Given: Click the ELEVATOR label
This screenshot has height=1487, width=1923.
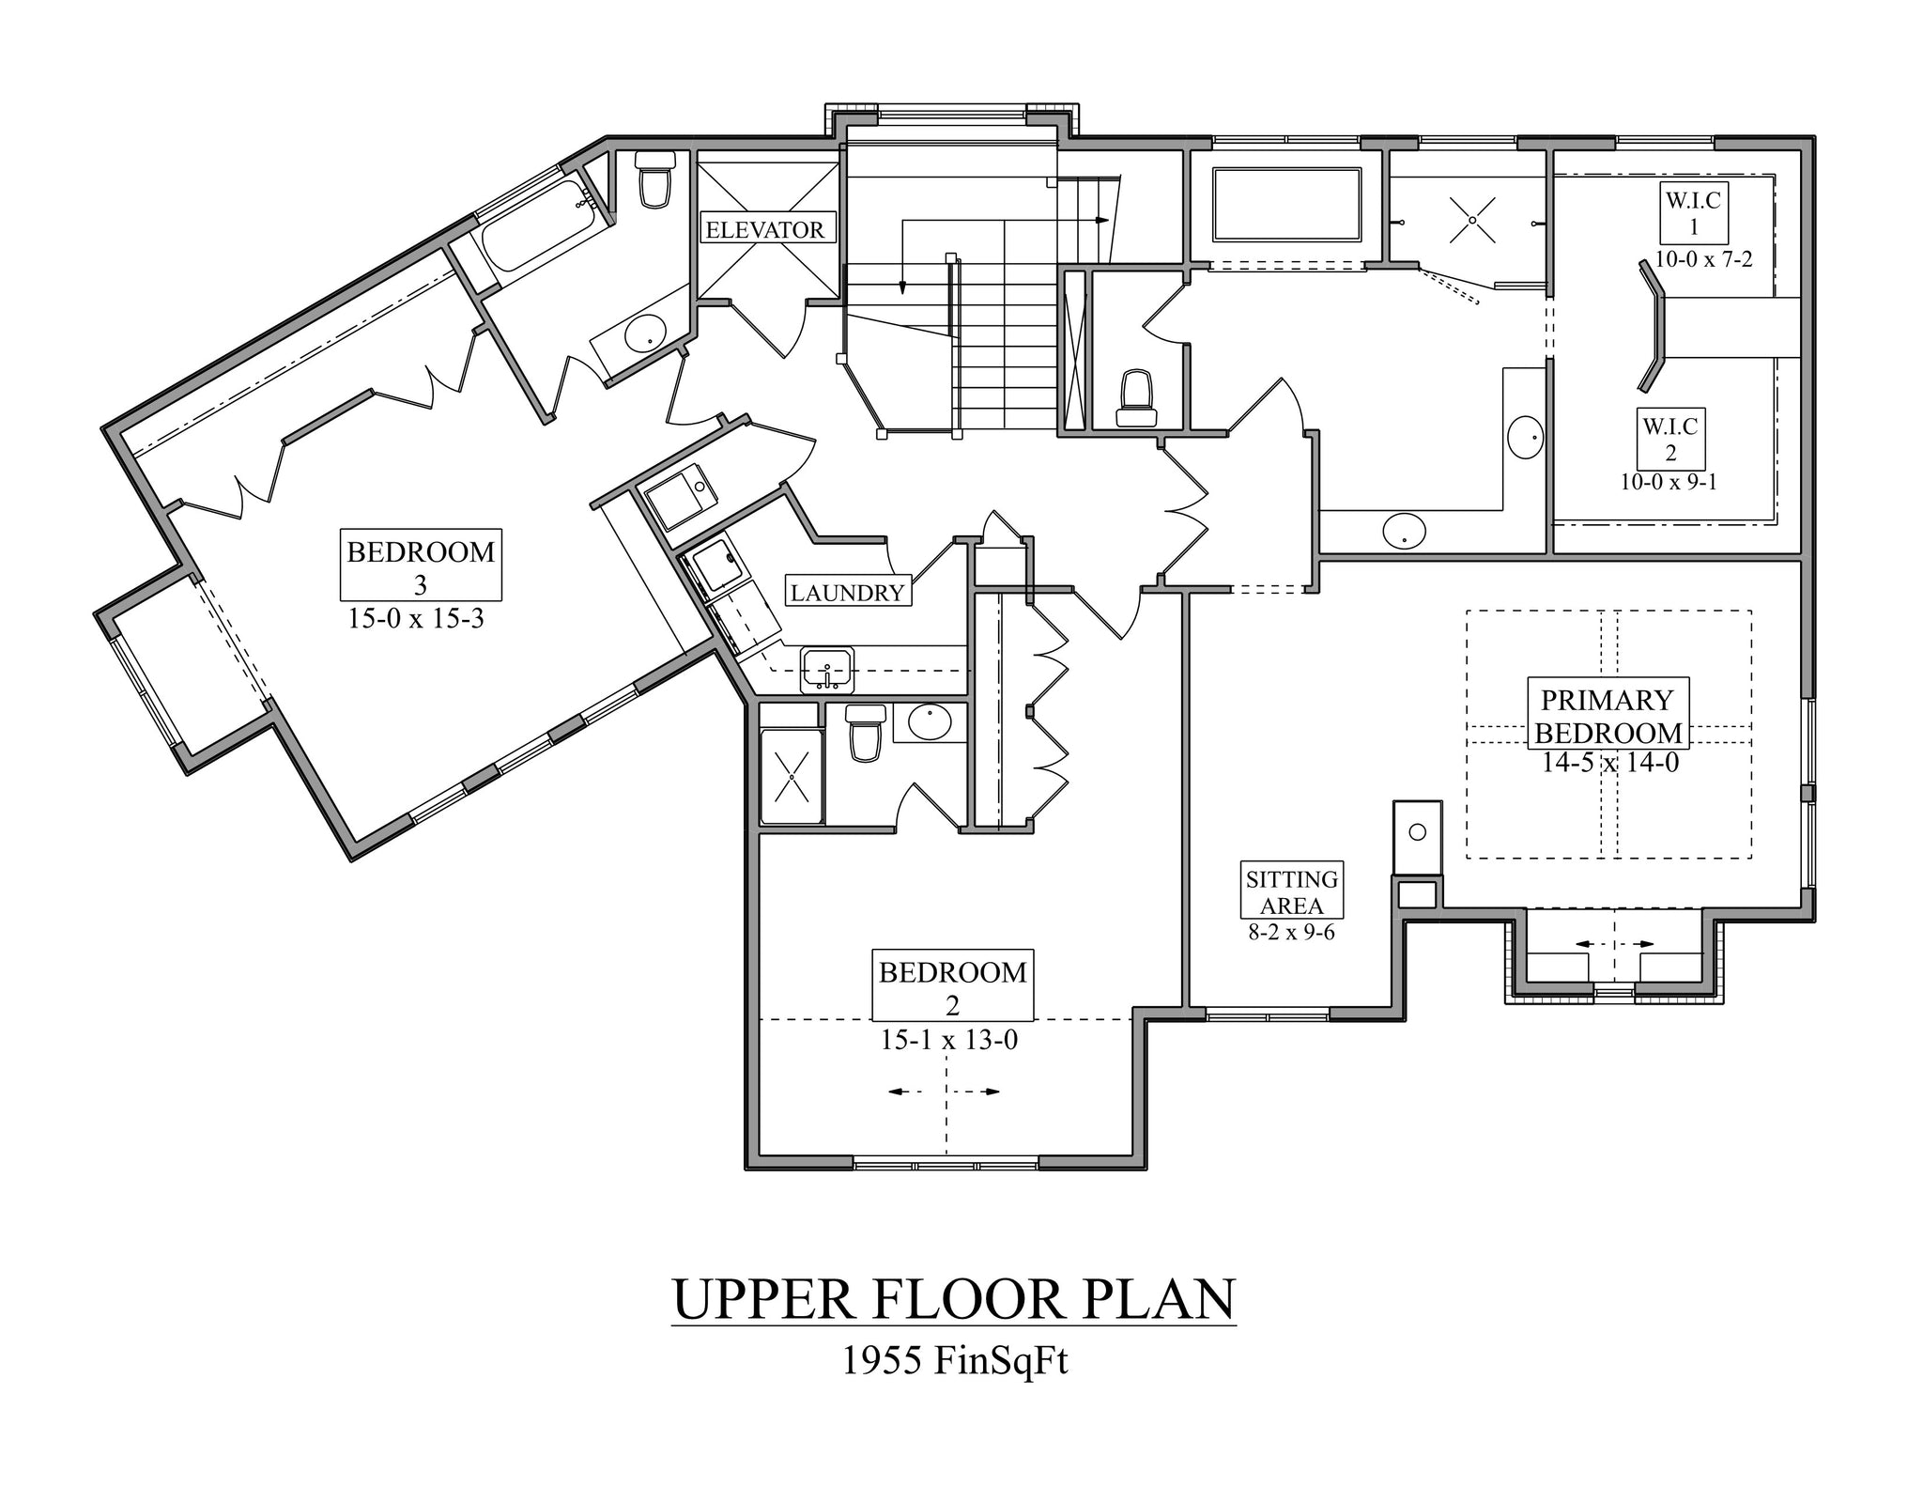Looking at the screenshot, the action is click(x=764, y=229).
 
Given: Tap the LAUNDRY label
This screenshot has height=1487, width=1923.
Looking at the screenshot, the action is click(x=847, y=592).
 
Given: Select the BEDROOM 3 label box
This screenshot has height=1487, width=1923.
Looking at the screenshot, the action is click(x=421, y=565).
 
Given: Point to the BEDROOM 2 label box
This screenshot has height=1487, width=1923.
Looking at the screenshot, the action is click(x=952, y=984).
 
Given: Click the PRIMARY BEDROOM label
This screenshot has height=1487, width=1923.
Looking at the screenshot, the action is click(x=1608, y=715).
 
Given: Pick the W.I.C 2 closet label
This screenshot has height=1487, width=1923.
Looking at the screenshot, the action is click(x=1670, y=440).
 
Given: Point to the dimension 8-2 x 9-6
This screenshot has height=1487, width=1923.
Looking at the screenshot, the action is click(x=1291, y=934).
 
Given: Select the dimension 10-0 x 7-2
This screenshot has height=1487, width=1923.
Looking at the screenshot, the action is click(x=1703, y=259).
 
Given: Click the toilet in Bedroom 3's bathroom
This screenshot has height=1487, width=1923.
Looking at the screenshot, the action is click(x=654, y=181).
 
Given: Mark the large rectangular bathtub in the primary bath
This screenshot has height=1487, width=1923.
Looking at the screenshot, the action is click(x=1287, y=204).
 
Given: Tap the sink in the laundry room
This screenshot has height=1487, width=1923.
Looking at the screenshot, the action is click(x=826, y=670).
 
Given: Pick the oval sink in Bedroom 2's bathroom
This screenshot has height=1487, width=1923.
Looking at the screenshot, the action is click(x=929, y=723).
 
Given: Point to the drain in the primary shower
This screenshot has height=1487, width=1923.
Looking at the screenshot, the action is click(x=1472, y=220).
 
